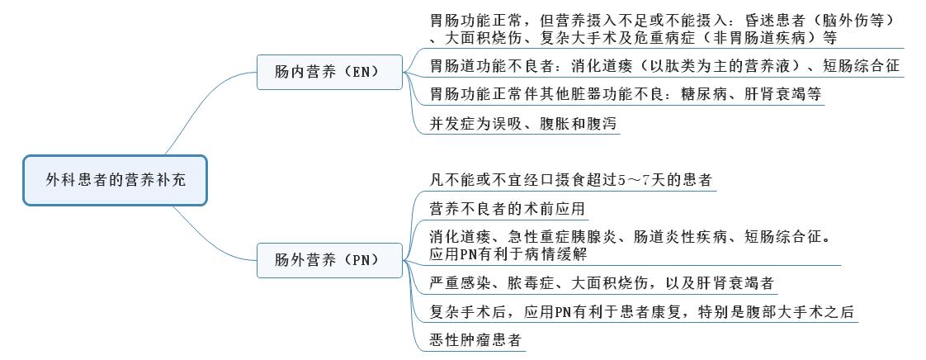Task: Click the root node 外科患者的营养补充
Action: (116, 179)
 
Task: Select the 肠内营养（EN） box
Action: (328, 72)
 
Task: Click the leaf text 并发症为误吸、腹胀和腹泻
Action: (524, 124)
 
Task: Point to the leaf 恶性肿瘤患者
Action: (476, 339)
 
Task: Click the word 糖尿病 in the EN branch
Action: (682, 94)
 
